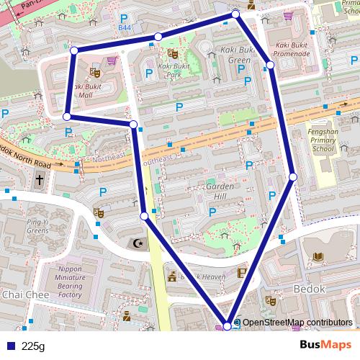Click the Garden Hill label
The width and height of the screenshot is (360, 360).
pos(215,191)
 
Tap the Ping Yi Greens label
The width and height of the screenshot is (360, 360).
pos(37,226)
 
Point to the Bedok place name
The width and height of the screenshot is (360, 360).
pos(311,288)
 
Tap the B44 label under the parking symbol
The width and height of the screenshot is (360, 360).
pos(124,28)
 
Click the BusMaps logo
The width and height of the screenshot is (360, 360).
pos(326,346)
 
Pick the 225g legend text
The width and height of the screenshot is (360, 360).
pos(32,346)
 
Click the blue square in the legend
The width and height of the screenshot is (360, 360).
pos(10,346)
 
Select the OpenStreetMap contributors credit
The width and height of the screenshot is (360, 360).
pos(297,323)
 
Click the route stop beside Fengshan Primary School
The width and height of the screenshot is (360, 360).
pos(293,176)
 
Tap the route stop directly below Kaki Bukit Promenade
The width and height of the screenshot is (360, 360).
pos(270,65)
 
